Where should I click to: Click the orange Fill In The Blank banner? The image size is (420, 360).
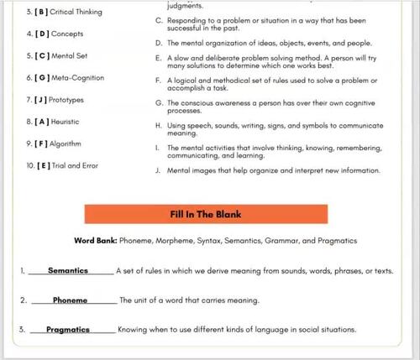coord(206,214)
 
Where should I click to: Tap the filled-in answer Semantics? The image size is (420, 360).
coord(68,271)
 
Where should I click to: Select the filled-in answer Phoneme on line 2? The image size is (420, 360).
coord(70,300)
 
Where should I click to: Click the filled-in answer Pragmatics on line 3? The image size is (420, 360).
coord(68,330)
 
